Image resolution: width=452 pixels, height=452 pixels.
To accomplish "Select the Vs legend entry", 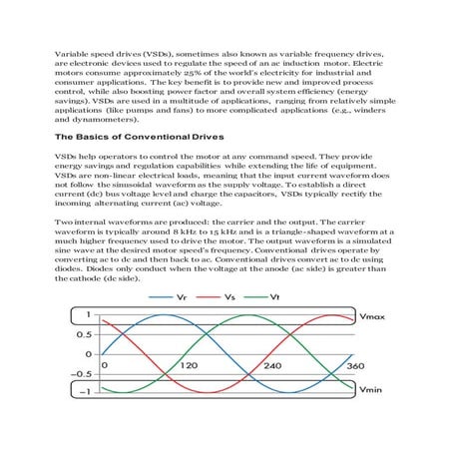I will point(230,296).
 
